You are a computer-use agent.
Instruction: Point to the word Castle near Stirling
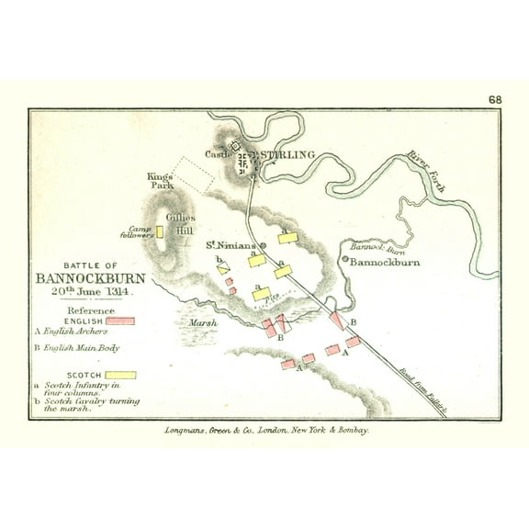pyautogui.click(x=217, y=154)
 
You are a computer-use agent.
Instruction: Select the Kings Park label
pyautogui.click(x=160, y=179)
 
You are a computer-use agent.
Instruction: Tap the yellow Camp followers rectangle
pyautogui.click(x=160, y=231)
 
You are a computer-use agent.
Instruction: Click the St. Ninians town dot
pyautogui.click(x=262, y=246)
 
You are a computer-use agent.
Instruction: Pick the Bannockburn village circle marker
pyautogui.click(x=345, y=260)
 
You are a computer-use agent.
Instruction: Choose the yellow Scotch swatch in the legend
pyautogui.click(x=119, y=375)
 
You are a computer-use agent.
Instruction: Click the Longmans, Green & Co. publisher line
pyautogui.click(x=264, y=428)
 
